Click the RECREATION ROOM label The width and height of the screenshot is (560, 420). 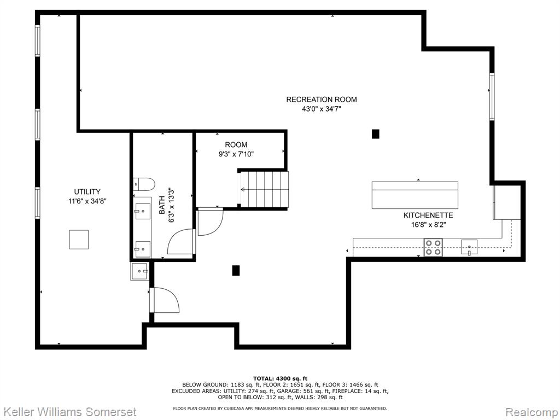pyautogui.click(x=322, y=100)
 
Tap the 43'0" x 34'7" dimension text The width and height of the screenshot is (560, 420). pyautogui.click(x=322, y=109)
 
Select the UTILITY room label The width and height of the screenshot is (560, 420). pyautogui.click(x=87, y=191)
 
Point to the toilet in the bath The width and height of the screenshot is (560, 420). pyautogui.click(x=144, y=185)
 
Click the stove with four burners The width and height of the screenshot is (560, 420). pyautogui.click(x=433, y=248)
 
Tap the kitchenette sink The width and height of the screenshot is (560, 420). pyautogui.click(x=469, y=248)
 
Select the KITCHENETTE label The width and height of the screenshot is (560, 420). pyautogui.click(x=428, y=215)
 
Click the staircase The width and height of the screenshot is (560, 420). pyautogui.click(x=264, y=189)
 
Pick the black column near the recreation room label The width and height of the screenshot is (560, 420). pyautogui.click(x=375, y=134)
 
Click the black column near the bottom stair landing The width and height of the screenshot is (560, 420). pyautogui.click(x=236, y=270)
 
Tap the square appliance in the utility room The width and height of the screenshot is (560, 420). pyautogui.click(x=79, y=240)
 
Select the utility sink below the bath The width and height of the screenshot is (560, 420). pyautogui.click(x=139, y=271)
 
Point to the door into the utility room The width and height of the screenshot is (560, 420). pyautogui.click(x=164, y=300)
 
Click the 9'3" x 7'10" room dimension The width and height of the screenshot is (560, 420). pyautogui.click(x=236, y=154)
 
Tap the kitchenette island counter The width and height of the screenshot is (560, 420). pyautogui.click(x=415, y=195)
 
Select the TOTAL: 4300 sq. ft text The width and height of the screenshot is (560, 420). pyautogui.click(x=280, y=378)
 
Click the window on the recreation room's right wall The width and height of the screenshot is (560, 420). pyautogui.click(x=492, y=96)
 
